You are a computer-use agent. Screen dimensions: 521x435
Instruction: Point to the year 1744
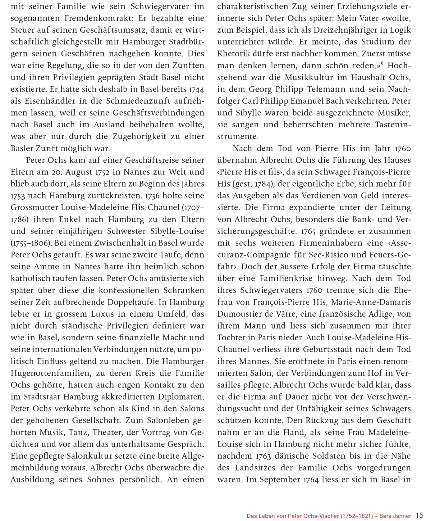click(196, 89)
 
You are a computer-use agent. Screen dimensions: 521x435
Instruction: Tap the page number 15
click(419, 515)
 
